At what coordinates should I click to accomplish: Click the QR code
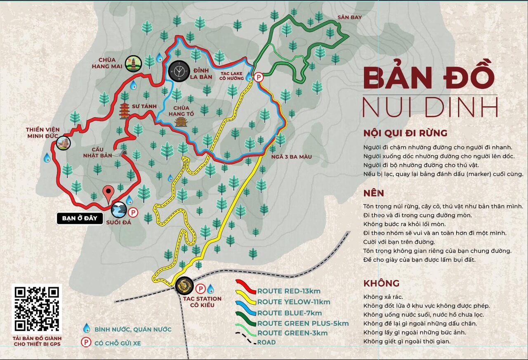[37, 309]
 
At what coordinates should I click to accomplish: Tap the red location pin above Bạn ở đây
[108, 193]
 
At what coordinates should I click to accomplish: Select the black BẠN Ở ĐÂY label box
[80, 218]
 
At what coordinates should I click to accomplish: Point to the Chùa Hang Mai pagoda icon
[134, 64]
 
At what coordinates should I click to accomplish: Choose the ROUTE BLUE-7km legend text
[290, 313]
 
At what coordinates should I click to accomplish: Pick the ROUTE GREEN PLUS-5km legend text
[303, 323]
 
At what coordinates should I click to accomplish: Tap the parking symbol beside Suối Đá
[133, 213]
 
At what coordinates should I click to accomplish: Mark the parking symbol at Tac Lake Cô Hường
[258, 77]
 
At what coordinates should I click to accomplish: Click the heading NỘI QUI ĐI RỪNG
[405, 133]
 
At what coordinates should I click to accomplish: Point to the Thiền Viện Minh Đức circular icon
[64, 143]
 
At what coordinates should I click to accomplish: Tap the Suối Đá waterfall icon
[119, 210]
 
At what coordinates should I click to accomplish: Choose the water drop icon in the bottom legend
[87, 328]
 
